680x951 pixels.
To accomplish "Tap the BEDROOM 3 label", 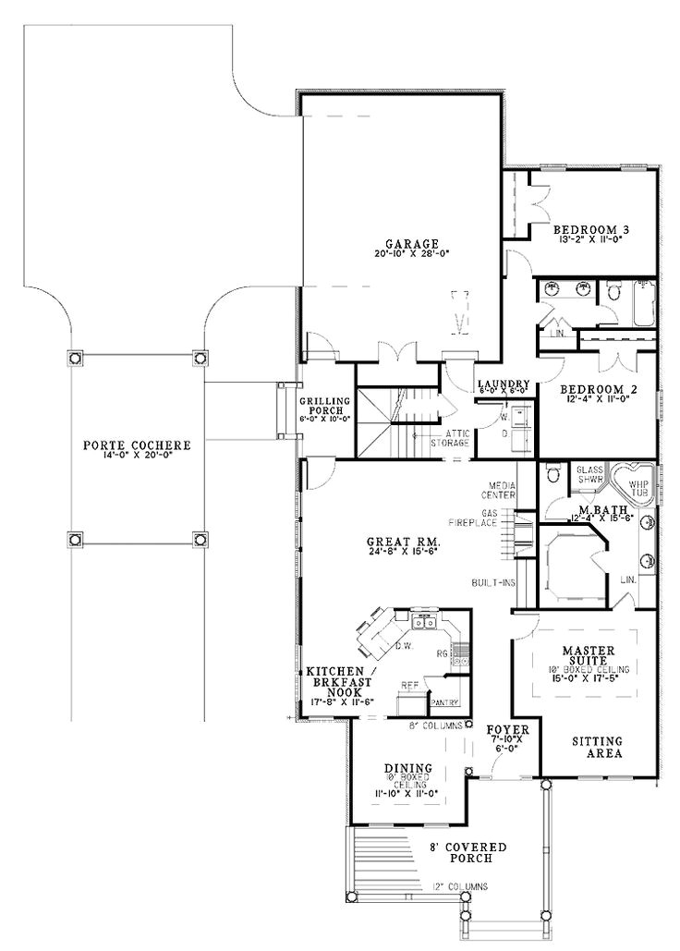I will [590, 228].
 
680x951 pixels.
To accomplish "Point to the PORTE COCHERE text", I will [137, 445].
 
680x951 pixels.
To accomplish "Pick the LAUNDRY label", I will [504, 384].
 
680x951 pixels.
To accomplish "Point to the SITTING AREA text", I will [596, 747].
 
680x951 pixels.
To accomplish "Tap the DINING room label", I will [407, 767].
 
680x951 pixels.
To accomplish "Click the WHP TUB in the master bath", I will [640, 486].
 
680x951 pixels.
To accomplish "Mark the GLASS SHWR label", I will [589, 473].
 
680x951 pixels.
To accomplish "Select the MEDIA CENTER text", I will [497, 489].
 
